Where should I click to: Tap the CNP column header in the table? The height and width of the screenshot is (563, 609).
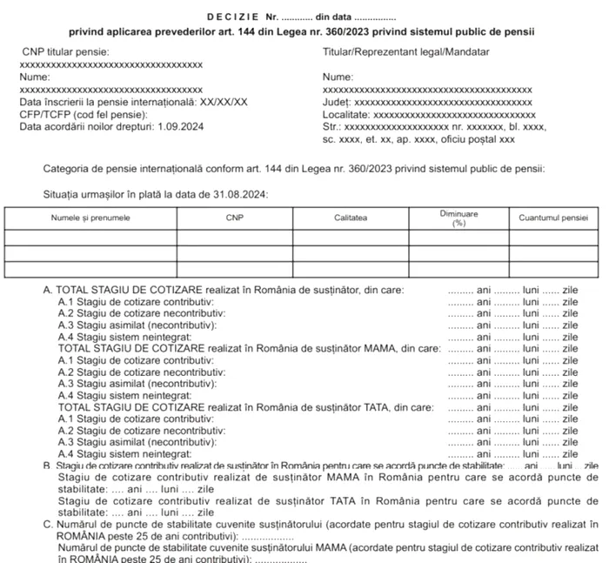(235, 216)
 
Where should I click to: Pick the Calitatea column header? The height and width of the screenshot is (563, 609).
(351, 216)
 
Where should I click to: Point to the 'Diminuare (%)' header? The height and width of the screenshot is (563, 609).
(459, 217)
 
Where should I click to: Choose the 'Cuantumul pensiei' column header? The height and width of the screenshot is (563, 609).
(550, 216)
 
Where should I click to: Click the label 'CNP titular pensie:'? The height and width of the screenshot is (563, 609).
(59, 52)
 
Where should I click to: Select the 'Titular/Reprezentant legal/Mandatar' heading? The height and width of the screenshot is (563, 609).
(394, 52)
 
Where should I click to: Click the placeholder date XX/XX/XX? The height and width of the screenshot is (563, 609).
(224, 102)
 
